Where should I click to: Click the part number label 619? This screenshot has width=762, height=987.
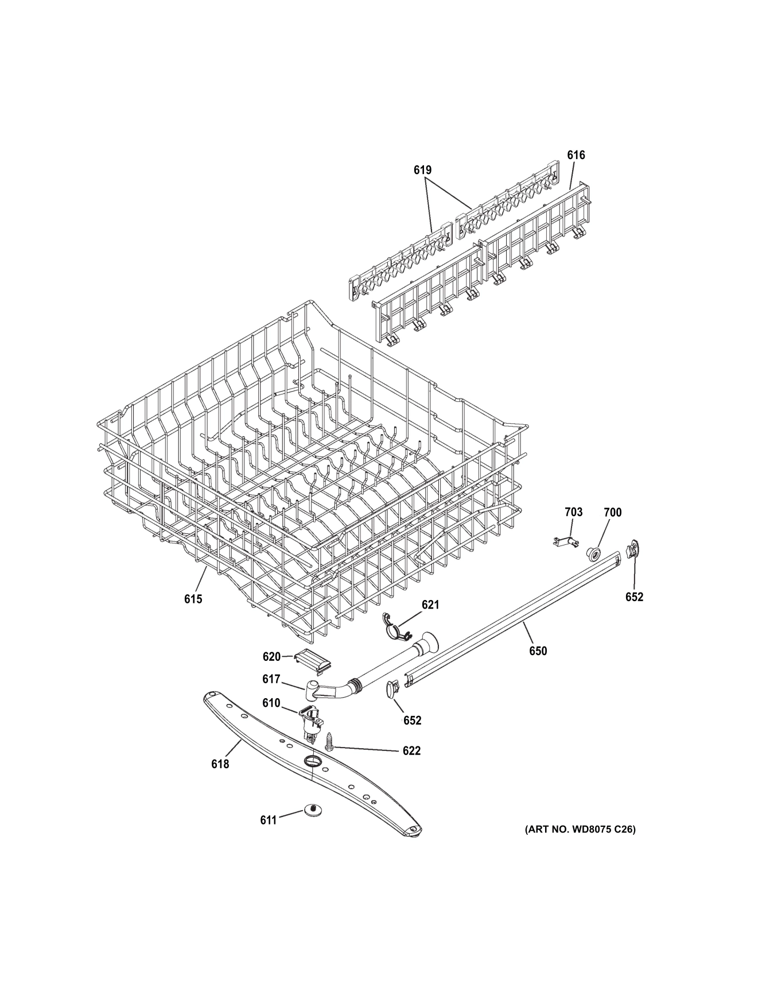click(x=422, y=170)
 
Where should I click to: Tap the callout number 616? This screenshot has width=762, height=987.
click(x=576, y=155)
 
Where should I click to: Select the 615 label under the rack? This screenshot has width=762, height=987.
click(x=193, y=599)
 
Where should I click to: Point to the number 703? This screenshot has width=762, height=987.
click(x=573, y=512)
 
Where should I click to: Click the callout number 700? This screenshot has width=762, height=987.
click(x=612, y=512)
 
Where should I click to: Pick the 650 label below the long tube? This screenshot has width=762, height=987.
click(x=538, y=651)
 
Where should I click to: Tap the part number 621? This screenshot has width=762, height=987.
click(x=430, y=605)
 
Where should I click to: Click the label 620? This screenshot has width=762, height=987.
click(x=271, y=657)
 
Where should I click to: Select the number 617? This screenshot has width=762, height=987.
click(x=271, y=679)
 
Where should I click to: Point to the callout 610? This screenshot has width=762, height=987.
click(x=271, y=703)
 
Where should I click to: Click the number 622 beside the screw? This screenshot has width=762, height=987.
click(x=411, y=750)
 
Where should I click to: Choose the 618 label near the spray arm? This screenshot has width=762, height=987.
click(x=220, y=764)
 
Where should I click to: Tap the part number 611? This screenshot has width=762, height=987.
click(x=269, y=820)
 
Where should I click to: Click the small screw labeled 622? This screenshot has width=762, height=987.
click(x=330, y=741)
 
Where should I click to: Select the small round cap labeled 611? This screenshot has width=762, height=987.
click(x=313, y=810)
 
